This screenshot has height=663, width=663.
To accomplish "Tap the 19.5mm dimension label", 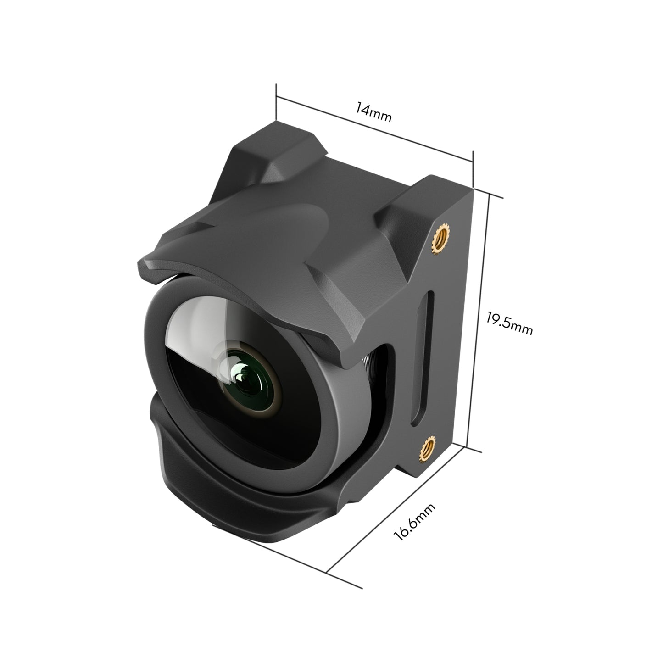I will click(x=509, y=323).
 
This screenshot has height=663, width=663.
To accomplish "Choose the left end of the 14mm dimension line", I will click(x=276, y=97).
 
